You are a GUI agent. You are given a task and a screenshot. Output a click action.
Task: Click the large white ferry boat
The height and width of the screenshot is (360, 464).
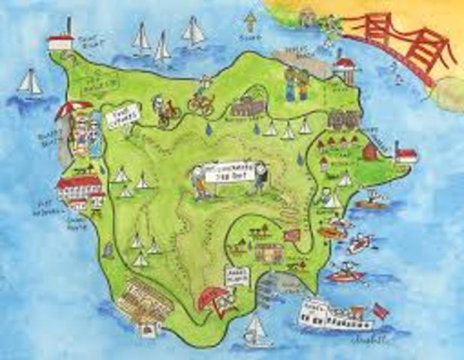pyautogui.click(x=333, y=314)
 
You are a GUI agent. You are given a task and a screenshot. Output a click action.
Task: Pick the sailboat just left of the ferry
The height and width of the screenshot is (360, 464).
pyautogui.click(x=256, y=329)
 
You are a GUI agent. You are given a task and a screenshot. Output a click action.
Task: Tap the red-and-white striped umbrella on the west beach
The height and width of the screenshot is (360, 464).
pyautogui.click(x=73, y=112)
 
